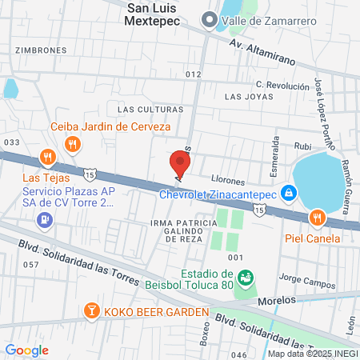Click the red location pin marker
coord(180,164)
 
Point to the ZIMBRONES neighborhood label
coord(40,50)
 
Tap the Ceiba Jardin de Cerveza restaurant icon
coord(73,143)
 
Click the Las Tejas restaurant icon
coord(47,158)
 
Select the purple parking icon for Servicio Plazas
coord(47,220)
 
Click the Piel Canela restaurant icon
coord(318,218)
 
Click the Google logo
coord(26,350)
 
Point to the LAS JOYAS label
coord(243,97)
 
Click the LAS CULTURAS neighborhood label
coord(150,109)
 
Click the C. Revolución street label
coord(282,85)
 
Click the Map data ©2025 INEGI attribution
coord(312,353)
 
